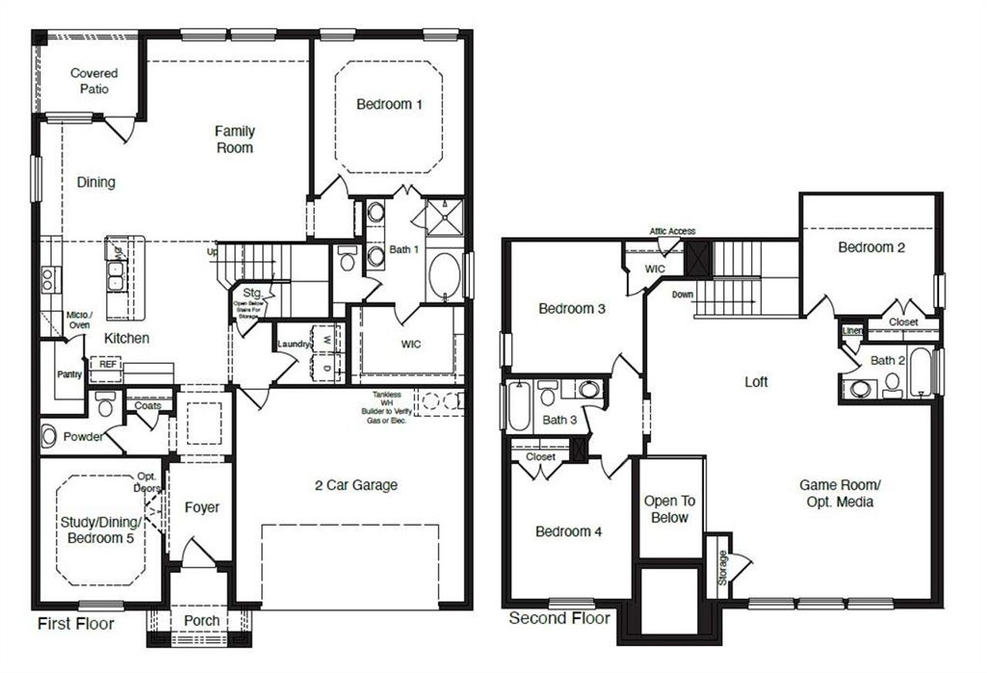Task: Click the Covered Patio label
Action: (94, 81)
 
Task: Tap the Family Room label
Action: (234, 140)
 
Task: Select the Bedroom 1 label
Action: (389, 104)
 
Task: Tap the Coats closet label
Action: (148, 405)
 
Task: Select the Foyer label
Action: (202, 507)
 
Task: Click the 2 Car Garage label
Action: (356, 485)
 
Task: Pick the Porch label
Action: (202, 621)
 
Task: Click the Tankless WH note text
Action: (387, 407)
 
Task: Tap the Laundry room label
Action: (293, 345)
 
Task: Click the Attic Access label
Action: (672, 231)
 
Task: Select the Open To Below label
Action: (669, 509)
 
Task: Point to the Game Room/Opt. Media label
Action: (839, 493)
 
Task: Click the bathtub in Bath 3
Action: (519, 407)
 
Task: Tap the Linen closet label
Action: (852, 331)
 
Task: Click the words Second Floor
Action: (559, 618)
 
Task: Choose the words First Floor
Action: (76, 624)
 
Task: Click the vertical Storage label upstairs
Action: (722, 567)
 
